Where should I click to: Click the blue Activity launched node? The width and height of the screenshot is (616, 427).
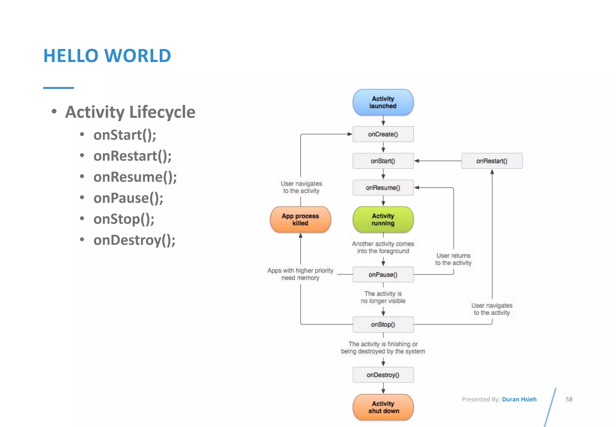(x=383, y=102)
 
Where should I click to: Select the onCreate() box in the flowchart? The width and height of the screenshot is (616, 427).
(x=383, y=134)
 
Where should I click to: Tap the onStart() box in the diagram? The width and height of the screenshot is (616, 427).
(x=383, y=161)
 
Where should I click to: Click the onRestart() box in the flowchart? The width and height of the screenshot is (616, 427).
(x=492, y=161)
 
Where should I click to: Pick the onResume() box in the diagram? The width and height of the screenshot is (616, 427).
(x=383, y=188)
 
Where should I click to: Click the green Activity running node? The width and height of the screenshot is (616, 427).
(x=383, y=220)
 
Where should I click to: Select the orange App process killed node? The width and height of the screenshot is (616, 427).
(x=300, y=220)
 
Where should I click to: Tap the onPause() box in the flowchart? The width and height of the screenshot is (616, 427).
(x=383, y=275)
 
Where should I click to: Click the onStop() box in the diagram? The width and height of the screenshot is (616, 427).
(x=383, y=325)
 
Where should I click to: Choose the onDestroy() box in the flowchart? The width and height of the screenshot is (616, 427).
(x=383, y=375)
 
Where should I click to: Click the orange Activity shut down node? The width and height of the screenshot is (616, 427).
(x=383, y=407)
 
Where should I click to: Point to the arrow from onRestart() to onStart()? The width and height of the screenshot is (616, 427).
(x=438, y=161)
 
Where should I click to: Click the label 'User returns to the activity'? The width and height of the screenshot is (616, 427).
(x=453, y=259)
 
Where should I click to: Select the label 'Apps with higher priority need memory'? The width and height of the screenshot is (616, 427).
(x=300, y=274)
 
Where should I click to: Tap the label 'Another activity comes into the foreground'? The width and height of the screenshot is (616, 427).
(x=383, y=248)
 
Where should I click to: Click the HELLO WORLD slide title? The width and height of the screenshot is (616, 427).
(x=107, y=56)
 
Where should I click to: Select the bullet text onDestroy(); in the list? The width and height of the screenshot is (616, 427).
(x=134, y=240)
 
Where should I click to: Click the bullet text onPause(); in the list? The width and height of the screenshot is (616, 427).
(x=128, y=198)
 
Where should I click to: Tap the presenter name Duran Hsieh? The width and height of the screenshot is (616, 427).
(x=519, y=399)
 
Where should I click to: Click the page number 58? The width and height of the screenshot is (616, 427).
(x=569, y=399)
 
